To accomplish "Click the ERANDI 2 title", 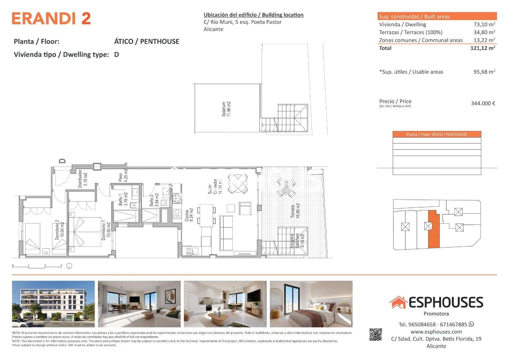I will coord(51,18).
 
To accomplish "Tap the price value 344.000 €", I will coord(483,103).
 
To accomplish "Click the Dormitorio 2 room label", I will coord(59,230).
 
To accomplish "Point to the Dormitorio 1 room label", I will coord(106,230).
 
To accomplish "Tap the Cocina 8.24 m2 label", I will coord(189,218).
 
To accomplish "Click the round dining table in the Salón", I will coord(238,184).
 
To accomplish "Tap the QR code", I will coord(375,334).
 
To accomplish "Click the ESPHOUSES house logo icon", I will coord(398,302).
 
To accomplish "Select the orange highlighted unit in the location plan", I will coord(433,230).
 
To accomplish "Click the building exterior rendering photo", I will coord(53,304).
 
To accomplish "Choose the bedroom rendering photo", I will coord(311,304).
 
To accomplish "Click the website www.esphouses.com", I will coord(436,332).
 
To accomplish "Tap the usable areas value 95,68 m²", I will coord(484,72).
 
